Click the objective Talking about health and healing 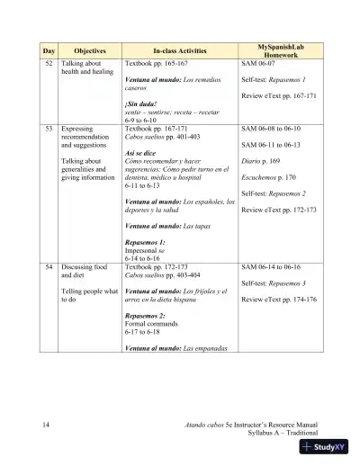point(86,70)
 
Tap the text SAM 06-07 point(257,66)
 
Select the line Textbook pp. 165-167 point(157,66)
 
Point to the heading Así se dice point(143,152)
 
